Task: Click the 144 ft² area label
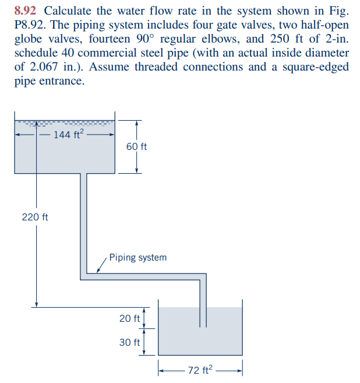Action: tap(69, 135)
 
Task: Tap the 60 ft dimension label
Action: tap(136, 146)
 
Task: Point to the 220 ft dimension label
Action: tap(35, 217)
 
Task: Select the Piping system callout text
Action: tap(137, 257)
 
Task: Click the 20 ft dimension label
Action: tap(129, 319)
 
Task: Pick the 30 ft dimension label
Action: tap(129, 342)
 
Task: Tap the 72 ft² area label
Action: tap(200, 370)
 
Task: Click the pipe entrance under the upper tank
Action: tap(83, 175)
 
